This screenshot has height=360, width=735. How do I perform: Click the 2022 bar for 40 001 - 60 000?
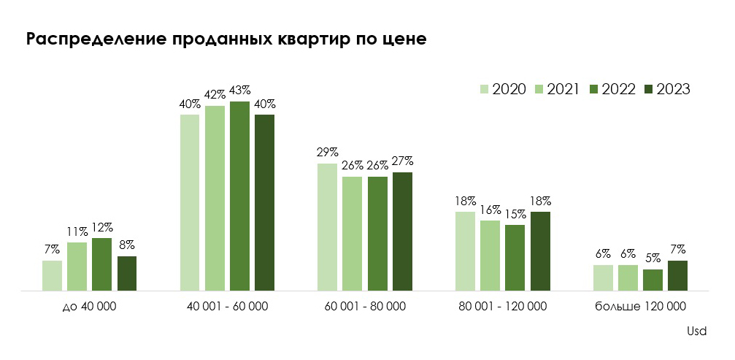[239, 196]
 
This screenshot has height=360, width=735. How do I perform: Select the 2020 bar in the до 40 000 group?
[53, 275]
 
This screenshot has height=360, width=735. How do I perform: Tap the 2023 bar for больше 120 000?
[677, 275]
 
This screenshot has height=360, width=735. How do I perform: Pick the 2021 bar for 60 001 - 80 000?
[353, 233]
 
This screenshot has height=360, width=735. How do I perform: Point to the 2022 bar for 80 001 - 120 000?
[515, 257]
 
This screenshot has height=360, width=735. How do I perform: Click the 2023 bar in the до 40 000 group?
[127, 273]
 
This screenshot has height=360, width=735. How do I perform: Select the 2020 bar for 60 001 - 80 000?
[328, 226]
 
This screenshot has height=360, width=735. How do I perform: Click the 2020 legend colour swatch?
[484, 89]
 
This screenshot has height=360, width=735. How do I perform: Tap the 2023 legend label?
[673, 89]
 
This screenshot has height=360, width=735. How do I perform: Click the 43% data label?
[239, 91]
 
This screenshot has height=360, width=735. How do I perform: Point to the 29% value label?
[328, 152]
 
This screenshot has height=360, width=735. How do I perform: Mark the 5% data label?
[653, 258]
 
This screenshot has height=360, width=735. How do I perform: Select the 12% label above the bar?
[102, 227]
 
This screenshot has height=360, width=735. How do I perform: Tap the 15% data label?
[515, 213]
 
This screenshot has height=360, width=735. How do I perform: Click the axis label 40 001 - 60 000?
[227, 306]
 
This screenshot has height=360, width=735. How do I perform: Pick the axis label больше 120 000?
[640, 306]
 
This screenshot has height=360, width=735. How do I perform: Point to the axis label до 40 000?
[90, 306]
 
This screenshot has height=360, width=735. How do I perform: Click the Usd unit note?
[697, 331]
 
